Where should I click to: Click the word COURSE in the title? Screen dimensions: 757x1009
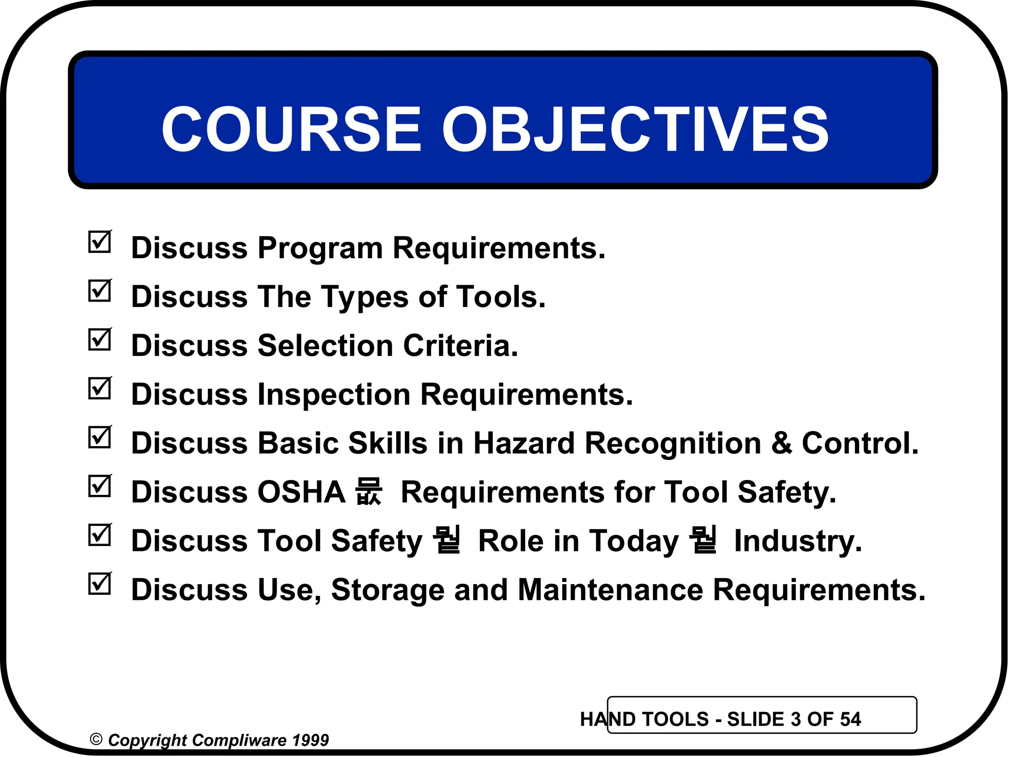291,129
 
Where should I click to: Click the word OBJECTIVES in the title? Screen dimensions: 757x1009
635,129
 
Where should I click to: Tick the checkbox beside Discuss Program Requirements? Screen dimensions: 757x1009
100,242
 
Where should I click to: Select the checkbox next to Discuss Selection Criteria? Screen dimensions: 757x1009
100,340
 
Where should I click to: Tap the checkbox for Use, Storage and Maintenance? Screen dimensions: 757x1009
100,584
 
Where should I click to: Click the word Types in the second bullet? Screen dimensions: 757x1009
364,297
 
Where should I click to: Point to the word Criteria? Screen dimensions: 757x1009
460,345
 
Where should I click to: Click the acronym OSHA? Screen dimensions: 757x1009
301,492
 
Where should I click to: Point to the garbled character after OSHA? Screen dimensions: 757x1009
369,491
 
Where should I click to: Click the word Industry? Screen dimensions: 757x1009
798,541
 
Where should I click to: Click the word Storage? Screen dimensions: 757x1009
387,590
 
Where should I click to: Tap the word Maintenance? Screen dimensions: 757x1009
610,589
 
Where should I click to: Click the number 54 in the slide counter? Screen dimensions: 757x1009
850,720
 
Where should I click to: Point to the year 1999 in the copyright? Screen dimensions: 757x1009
310,740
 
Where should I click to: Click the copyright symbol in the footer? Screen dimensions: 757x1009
96,740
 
